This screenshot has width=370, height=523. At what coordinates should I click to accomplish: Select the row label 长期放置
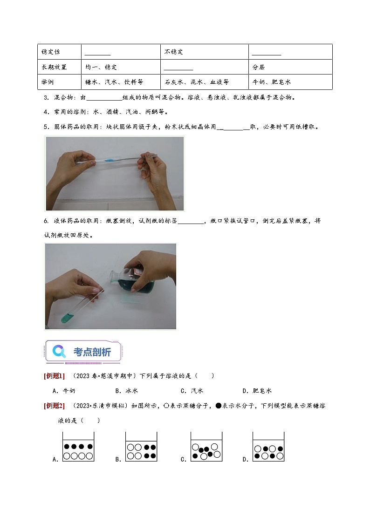point(54,67)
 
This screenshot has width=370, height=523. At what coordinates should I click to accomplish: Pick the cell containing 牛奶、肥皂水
point(271,82)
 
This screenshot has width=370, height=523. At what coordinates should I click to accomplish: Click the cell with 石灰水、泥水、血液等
point(196,82)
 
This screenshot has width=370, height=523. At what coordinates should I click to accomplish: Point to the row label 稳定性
point(51,52)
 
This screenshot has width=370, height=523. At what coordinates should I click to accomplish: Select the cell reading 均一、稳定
point(101,67)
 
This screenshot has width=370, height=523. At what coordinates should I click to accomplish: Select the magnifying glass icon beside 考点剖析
point(59,351)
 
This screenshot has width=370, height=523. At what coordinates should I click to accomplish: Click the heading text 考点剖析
point(92,352)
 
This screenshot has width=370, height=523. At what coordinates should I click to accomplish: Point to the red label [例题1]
point(54,376)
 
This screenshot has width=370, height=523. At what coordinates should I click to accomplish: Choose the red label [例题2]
point(54,406)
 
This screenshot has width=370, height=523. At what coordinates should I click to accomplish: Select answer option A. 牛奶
point(64,391)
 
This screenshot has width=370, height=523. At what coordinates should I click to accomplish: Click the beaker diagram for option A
point(78,447)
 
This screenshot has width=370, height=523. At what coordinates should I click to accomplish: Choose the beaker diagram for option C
point(206,447)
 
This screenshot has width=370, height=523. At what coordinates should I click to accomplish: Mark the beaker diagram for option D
point(268,447)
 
